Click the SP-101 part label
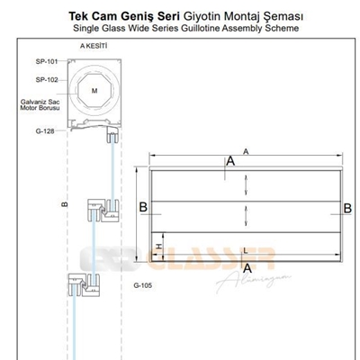(47, 61)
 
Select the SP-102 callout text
(47, 80)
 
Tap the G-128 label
(45, 131)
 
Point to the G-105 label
(143, 285)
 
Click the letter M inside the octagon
(94, 91)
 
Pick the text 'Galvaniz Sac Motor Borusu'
(40, 105)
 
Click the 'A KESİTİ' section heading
(94, 46)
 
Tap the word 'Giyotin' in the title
(202, 16)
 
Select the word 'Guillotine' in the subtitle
(200, 28)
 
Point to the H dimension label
(159, 247)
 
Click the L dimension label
(246, 250)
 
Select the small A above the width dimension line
(246, 152)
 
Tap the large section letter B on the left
(143, 207)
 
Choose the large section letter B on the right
(347, 208)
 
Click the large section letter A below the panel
(247, 268)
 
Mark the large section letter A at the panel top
(230, 161)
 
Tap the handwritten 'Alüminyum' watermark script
(254, 282)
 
